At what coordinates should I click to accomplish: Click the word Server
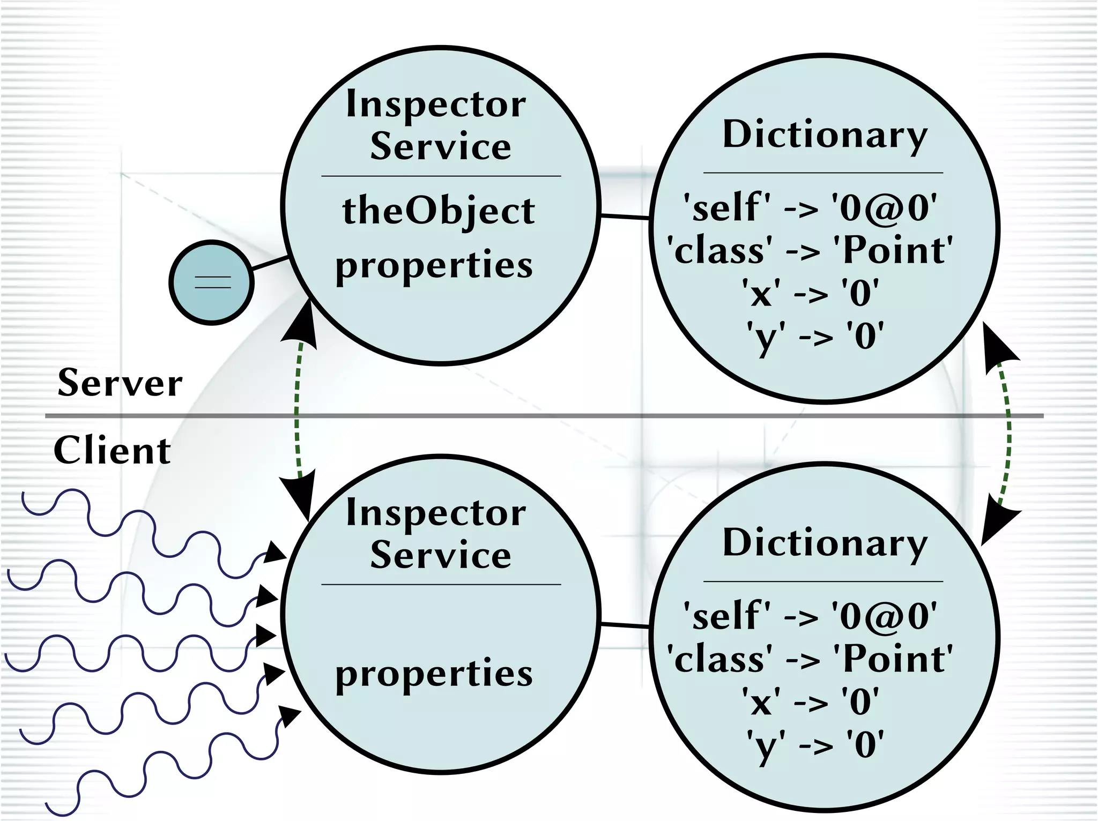(120, 384)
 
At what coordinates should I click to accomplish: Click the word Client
(112, 451)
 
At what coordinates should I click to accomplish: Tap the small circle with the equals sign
(212, 282)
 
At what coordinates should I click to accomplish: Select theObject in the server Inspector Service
(439, 211)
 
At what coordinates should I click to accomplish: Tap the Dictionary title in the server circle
(825, 135)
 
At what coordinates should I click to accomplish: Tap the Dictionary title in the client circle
(825, 543)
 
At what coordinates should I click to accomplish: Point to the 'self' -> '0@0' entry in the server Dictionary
(810, 208)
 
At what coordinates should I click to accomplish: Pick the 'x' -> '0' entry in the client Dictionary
(810, 702)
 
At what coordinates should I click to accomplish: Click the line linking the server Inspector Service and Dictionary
(625, 217)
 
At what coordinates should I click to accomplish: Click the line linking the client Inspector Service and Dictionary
(625, 625)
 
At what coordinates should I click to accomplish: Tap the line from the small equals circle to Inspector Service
(270, 263)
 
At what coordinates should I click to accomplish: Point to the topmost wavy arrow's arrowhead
(276, 552)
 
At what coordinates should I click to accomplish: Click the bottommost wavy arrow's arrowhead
(290, 715)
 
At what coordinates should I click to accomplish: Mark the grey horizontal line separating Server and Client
(536, 416)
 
